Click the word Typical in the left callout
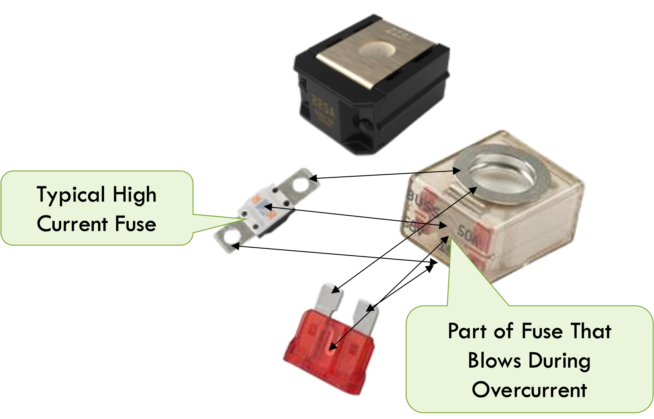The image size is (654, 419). coord(71,195)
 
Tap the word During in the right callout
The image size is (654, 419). coord(559,361)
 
